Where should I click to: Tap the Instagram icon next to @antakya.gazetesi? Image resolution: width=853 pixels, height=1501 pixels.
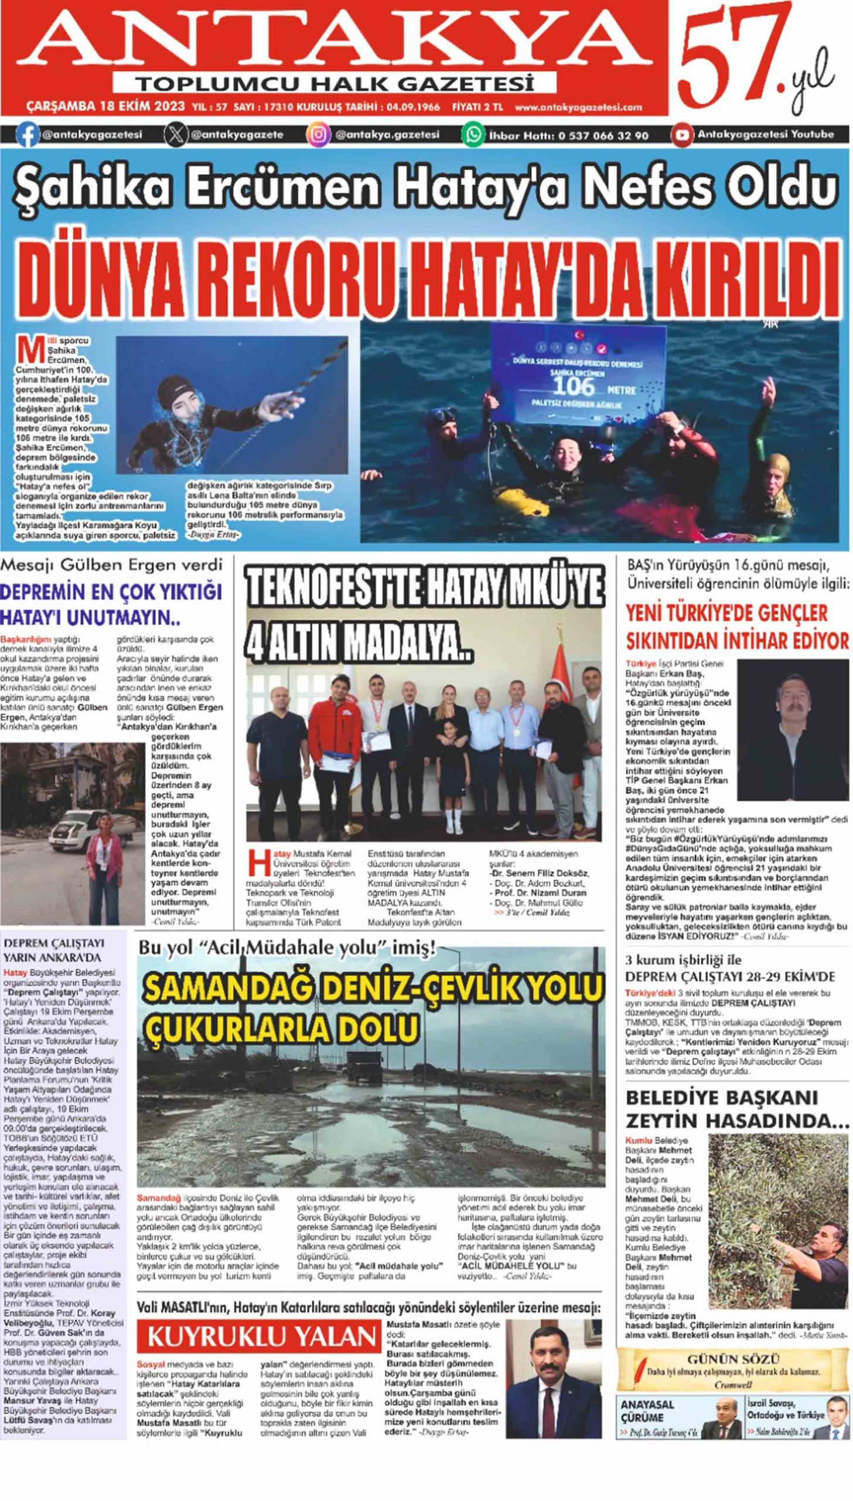click(318, 135)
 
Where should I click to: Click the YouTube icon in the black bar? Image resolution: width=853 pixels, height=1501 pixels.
click(681, 134)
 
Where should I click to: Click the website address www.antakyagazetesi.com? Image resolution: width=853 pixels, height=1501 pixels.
click(578, 107)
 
